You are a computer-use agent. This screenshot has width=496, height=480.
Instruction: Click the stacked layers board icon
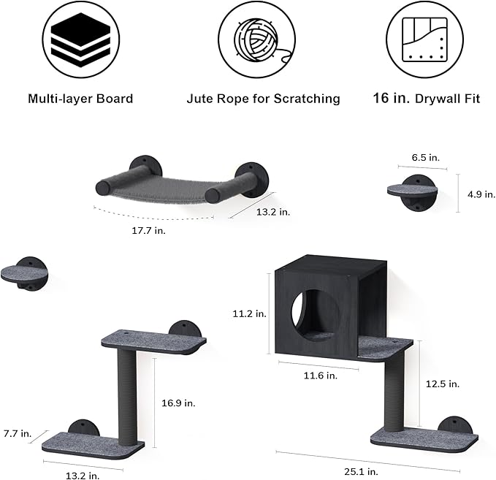tap(81, 40)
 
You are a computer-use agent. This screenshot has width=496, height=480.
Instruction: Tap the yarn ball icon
tap(257, 40)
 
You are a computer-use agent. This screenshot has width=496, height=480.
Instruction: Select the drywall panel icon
tap(425, 40)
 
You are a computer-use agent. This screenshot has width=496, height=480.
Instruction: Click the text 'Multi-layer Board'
tap(80, 99)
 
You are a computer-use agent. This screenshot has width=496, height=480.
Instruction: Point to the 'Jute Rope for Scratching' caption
tap(264, 99)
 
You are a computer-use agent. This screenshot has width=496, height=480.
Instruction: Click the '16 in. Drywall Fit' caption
tap(427, 99)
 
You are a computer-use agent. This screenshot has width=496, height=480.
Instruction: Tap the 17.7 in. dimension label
tap(149, 230)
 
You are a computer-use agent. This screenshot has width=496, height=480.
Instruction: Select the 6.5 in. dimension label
tap(425, 157)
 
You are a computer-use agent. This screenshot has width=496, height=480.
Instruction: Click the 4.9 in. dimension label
tap(481, 194)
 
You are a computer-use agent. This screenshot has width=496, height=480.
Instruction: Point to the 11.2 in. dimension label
tap(250, 313)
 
